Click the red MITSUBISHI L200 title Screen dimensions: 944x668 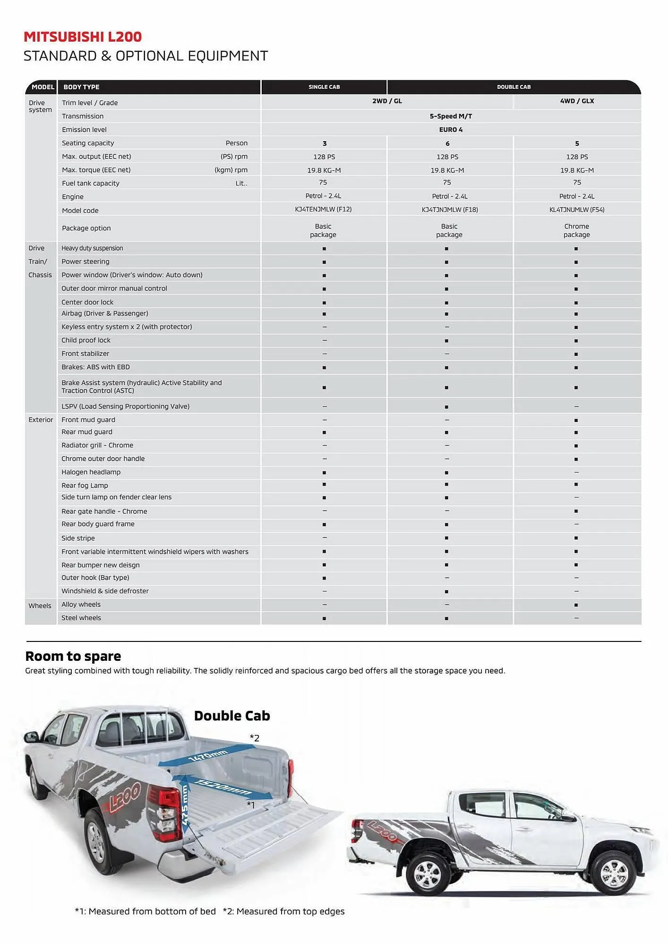point(83,37)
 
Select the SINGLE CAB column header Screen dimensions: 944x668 point(324,87)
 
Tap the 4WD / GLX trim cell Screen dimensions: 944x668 point(577,101)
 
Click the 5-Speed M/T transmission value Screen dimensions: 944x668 point(451,116)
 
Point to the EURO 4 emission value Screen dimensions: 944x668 point(451,130)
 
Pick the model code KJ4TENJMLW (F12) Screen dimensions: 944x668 point(323,209)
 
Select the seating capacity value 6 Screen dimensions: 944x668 point(447,143)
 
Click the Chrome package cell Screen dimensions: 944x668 point(576,230)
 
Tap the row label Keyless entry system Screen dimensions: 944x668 point(127,327)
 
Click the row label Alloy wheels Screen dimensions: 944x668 point(81,605)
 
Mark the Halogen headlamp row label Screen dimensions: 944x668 point(91,472)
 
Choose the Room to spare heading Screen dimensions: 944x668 point(73,656)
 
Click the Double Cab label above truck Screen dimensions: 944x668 point(232,716)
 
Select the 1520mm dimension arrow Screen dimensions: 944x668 point(223,787)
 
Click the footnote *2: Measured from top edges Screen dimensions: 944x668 point(283,911)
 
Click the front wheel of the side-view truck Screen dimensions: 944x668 point(614,874)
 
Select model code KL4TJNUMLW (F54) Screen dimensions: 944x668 point(577,210)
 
